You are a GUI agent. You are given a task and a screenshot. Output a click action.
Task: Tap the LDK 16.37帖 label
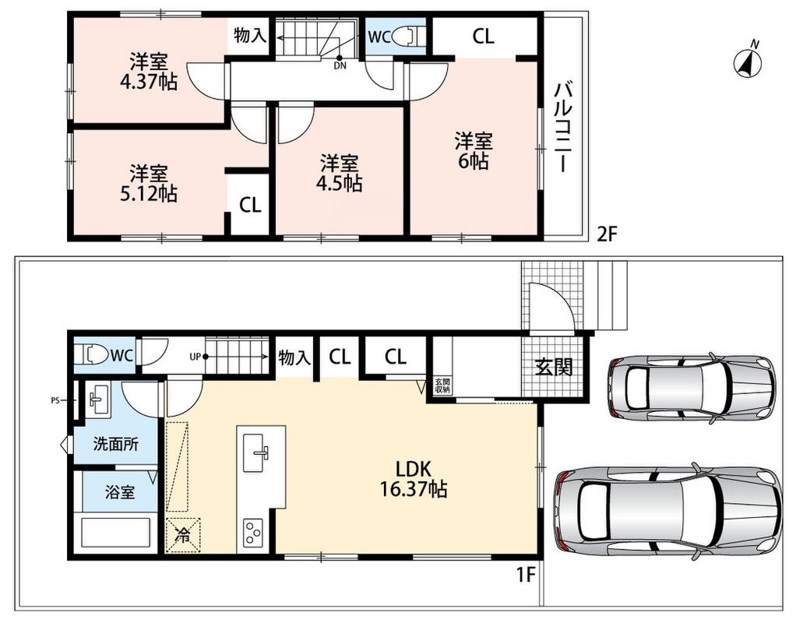coord(414,478)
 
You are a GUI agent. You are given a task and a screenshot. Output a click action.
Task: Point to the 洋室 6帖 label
coord(473,151)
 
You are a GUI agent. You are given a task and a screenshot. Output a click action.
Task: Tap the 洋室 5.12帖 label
coord(148,183)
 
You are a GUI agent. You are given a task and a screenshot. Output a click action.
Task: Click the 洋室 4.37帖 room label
coord(148,72)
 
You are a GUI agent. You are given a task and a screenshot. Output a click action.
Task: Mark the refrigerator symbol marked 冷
coord(183,534)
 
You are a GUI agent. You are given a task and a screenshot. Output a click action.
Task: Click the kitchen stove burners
coord(253,533)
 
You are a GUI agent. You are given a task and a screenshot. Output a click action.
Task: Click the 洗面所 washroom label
coord(116,444)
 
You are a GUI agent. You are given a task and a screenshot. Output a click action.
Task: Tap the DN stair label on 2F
coord(340,65)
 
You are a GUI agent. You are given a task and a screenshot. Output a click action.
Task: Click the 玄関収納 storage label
coord(442,386)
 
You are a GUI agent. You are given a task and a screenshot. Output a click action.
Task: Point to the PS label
coord(55,400)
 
